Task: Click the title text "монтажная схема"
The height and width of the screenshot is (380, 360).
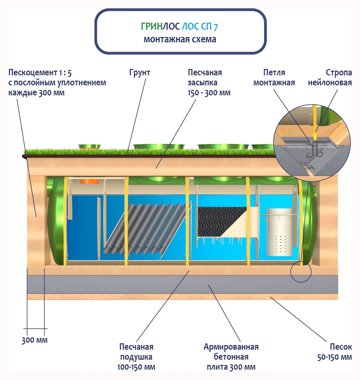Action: click(180, 39)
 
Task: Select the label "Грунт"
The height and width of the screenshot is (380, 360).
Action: click(140, 72)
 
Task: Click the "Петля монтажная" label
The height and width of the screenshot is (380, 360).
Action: click(274, 77)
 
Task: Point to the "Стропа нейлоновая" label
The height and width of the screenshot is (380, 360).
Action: click(330, 77)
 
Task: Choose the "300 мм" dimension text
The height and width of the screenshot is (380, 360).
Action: click(35, 340)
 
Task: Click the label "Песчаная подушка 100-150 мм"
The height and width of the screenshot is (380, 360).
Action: click(136, 357)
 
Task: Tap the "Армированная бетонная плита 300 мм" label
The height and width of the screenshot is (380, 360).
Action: click(231, 357)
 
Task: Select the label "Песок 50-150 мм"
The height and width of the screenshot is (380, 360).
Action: click(334, 352)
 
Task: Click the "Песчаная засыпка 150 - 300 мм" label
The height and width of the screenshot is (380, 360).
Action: click(209, 82)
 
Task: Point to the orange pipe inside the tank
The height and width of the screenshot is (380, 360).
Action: click(90, 181)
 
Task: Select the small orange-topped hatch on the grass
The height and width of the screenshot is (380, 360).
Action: click(89, 146)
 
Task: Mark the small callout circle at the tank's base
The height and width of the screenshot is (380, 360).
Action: click(301, 272)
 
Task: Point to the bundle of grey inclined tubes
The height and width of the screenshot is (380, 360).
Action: click(145, 230)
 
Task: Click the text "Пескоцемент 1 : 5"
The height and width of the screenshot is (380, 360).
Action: click(40, 72)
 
